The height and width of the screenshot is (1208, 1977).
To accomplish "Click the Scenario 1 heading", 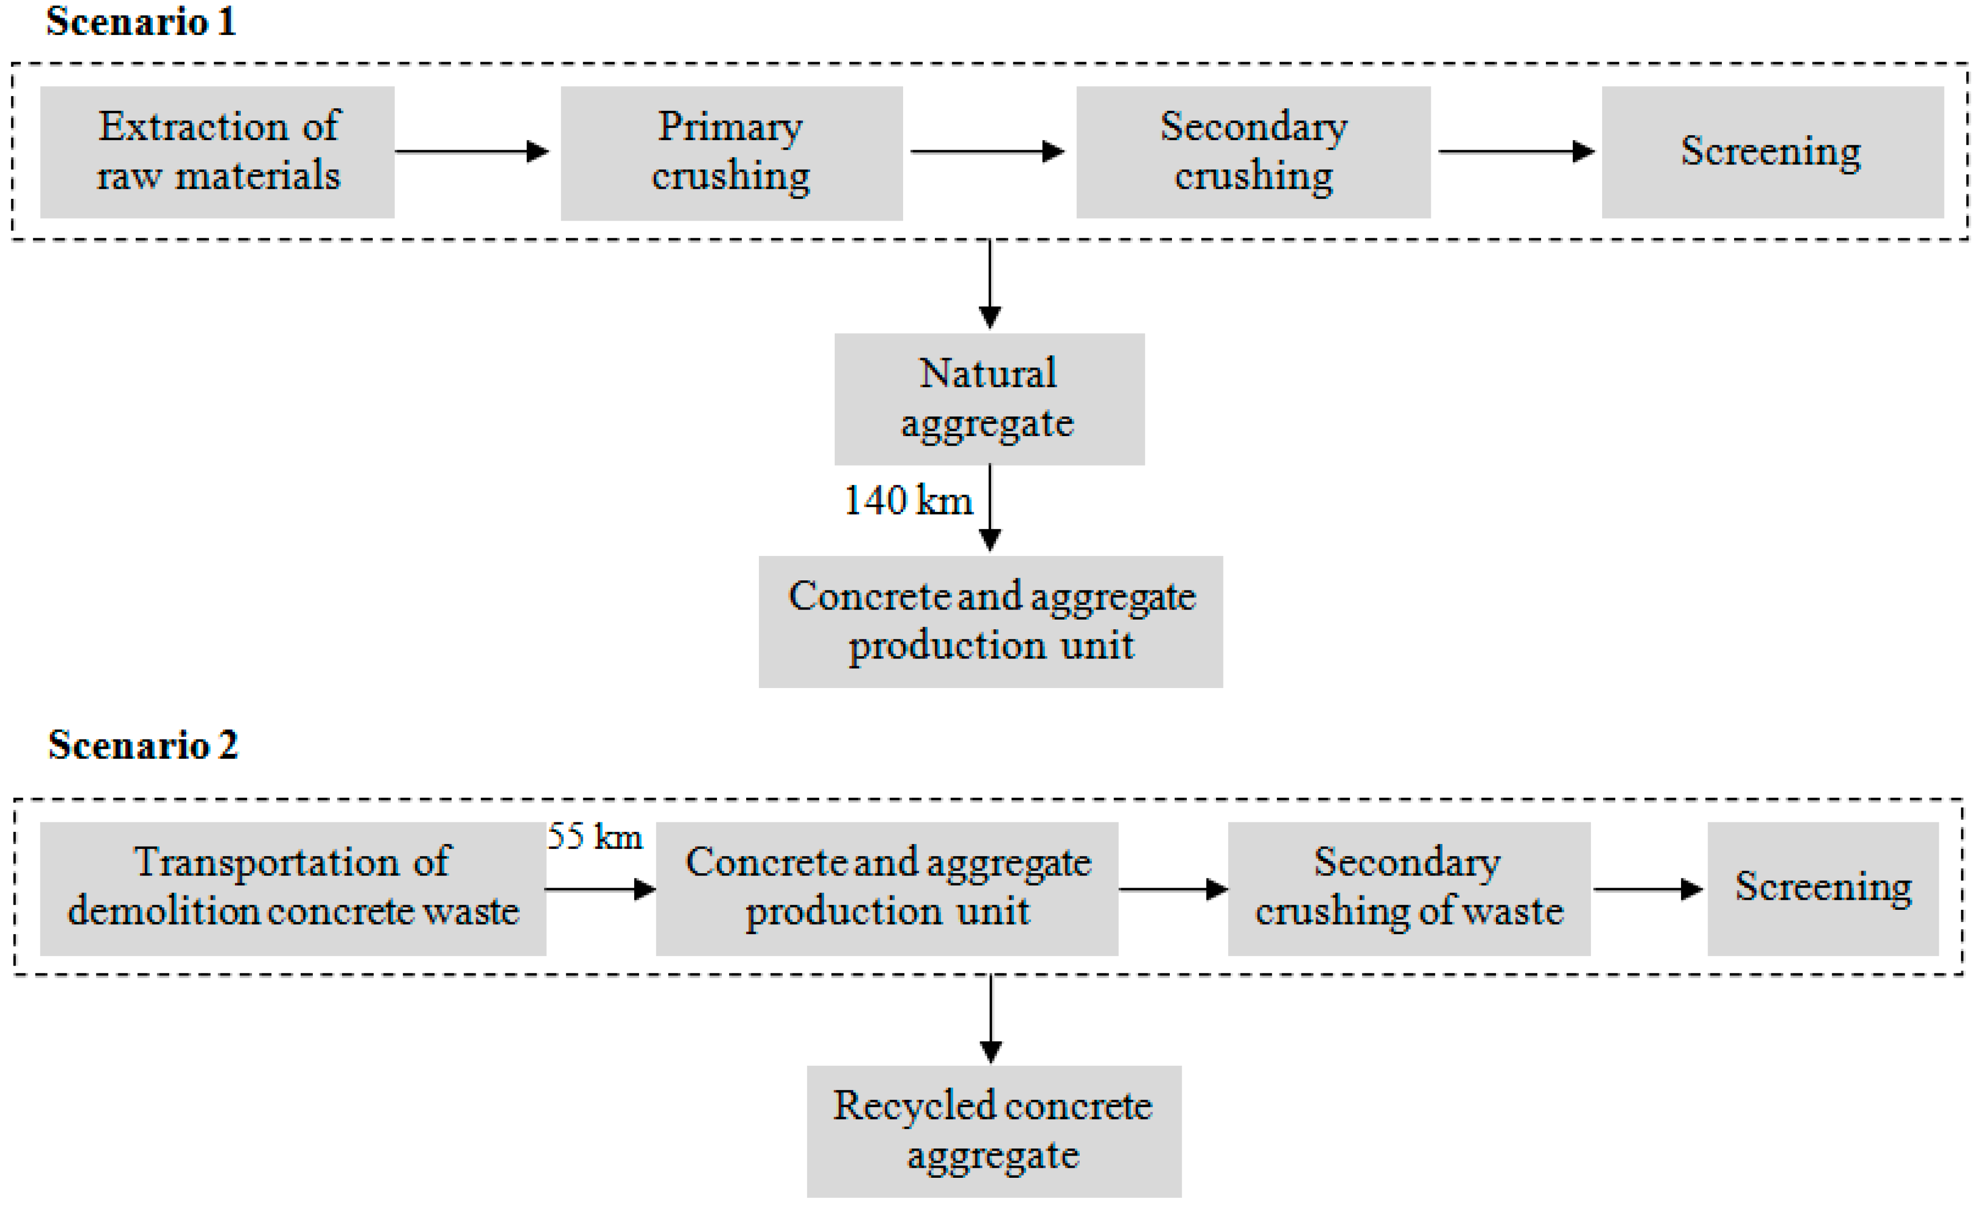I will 141,22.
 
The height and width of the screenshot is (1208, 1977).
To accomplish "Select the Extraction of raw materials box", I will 217,152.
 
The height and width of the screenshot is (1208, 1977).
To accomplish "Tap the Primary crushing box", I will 731,152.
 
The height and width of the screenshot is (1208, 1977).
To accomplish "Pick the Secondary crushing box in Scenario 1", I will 1253,152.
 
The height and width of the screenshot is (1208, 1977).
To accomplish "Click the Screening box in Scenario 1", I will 1772,152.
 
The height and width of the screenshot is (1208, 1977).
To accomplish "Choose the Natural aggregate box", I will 988,399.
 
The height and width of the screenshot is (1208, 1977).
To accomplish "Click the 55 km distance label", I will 594,837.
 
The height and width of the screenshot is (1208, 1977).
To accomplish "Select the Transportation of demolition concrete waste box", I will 293,888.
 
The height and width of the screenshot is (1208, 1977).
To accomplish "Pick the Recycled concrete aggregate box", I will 993,1131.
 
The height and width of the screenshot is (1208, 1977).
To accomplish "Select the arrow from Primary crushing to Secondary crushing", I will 987,151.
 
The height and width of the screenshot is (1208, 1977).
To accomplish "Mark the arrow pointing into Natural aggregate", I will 990,285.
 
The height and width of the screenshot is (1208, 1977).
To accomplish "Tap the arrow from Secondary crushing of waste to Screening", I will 1647,889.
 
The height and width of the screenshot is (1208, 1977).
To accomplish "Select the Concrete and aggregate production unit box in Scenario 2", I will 887,888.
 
